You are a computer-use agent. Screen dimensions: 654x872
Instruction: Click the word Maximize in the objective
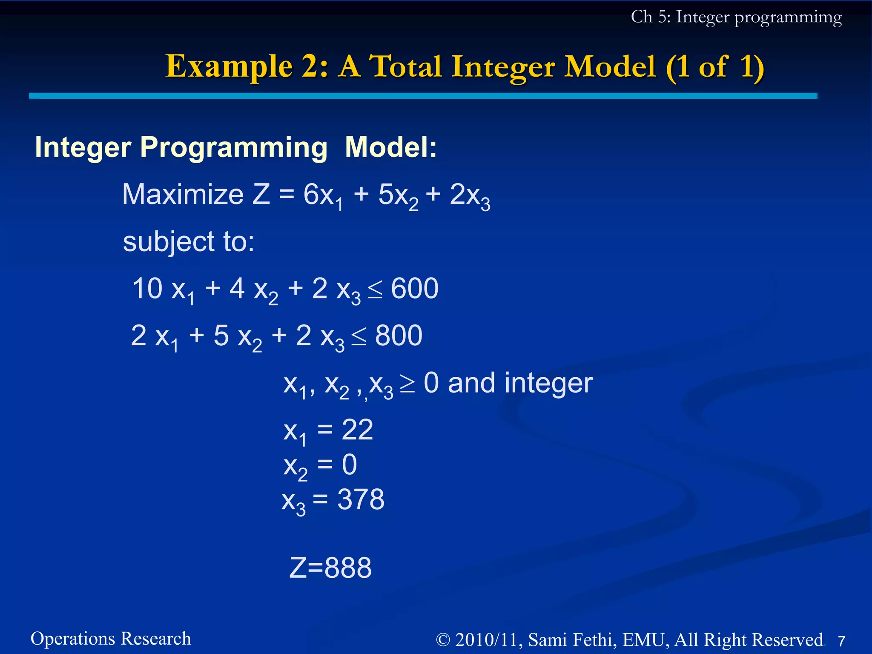[183, 195]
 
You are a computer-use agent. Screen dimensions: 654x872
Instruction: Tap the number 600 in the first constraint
[414, 289]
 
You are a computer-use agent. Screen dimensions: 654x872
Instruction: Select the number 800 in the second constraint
[399, 336]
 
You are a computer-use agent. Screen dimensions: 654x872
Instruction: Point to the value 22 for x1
[357, 430]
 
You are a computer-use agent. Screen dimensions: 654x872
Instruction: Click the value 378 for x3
[361, 499]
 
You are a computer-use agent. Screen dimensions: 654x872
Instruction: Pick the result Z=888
[330, 568]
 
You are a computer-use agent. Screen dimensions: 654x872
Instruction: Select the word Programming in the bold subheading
[234, 147]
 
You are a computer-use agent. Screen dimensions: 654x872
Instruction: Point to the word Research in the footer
[156, 639]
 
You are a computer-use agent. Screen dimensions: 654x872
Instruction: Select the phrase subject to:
[189, 242]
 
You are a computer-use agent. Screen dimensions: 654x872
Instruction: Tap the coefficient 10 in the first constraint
[147, 289]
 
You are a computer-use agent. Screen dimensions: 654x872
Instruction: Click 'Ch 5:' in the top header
[651, 17]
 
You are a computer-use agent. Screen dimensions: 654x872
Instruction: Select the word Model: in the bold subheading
[391, 147]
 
